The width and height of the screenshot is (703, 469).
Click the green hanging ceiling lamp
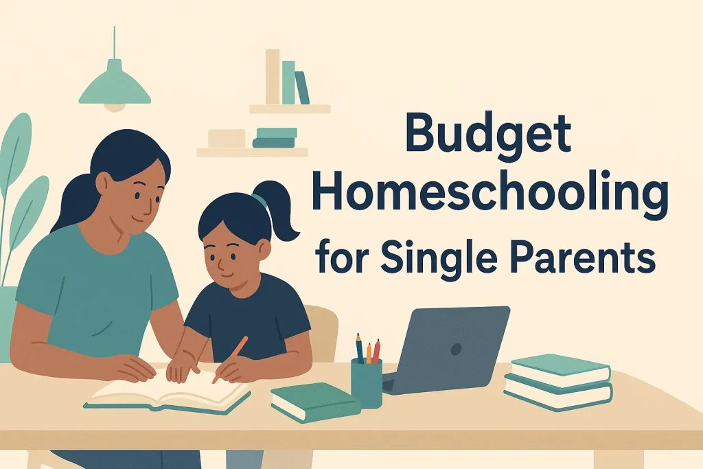(x=114, y=86)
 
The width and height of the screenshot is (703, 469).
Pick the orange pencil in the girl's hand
(x=231, y=356)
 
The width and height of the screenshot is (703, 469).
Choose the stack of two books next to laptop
(x=557, y=382)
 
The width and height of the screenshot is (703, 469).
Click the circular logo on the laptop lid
(x=455, y=349)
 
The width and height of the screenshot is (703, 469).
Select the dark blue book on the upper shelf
(x=302, y=87)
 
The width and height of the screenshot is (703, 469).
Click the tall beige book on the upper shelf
(x=273, y=76)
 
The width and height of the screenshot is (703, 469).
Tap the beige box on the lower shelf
(x=226, y=138)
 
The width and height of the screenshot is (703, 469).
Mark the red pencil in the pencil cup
(x=376, y=351)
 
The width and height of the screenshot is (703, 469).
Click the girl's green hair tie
(x=258, y=201)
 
